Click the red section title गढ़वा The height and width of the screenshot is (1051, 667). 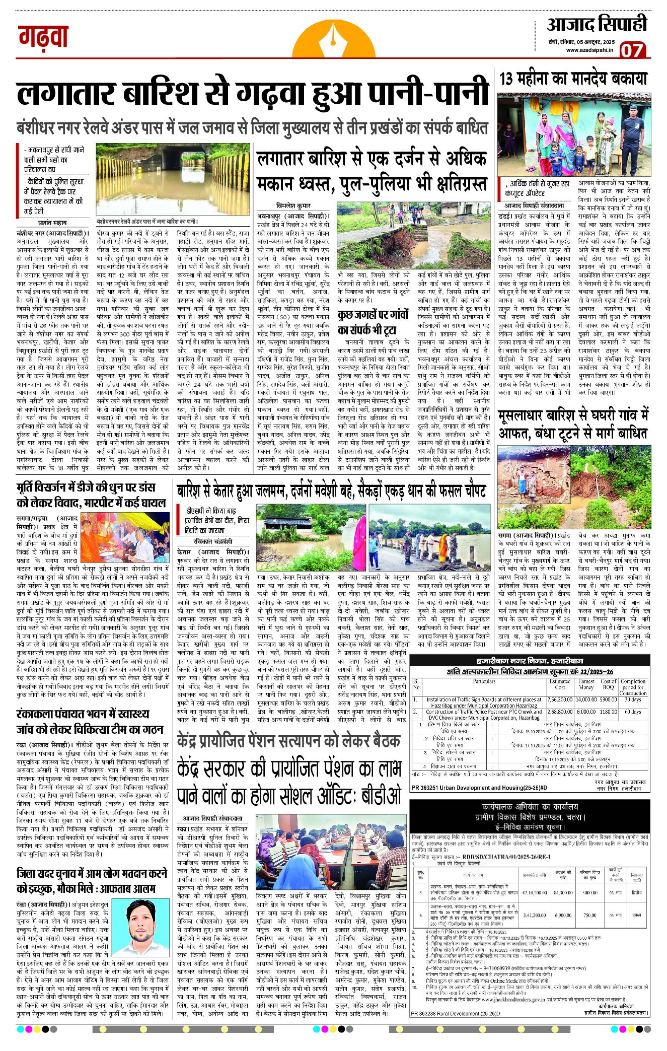tap(43, 36)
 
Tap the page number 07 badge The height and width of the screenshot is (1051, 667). tap(632, 50)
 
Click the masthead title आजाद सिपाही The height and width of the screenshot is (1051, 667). tap(597, 24)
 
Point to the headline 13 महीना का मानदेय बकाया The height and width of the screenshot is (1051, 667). tap(573, 79)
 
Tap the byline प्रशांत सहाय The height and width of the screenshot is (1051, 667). tap(52, 222)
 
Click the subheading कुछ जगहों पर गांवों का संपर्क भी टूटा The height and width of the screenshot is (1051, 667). tap(374, 322)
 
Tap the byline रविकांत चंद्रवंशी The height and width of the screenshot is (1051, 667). tap(213, 541)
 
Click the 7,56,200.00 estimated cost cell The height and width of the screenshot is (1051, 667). tap(560, 699)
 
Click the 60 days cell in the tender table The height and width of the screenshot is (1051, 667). tap(633, 712)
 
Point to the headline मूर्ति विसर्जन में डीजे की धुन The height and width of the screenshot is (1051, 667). tap(91, 495)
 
